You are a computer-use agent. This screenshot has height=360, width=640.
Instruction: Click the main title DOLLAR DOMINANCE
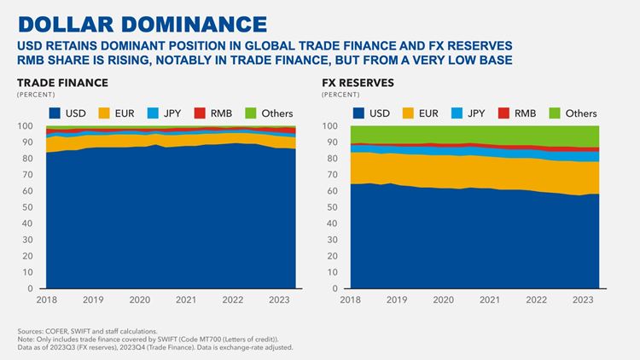[142, 22]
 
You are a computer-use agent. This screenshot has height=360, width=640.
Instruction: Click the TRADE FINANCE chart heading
[62, 83]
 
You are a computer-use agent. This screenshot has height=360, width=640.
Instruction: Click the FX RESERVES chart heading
[358, 83]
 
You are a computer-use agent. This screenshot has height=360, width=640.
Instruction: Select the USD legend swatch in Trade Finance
[54, 113]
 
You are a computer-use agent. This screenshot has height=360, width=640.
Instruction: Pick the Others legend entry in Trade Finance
[270, 113]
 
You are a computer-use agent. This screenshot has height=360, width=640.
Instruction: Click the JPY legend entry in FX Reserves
[468, 113]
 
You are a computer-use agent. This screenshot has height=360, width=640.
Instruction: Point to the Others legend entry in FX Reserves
[573, 113]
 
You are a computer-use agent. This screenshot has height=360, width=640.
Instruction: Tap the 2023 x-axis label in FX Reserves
[584, 300]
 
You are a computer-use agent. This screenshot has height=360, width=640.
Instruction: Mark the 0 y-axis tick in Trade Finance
[31, 289]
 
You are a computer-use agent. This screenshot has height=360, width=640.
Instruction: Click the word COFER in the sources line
[55, 331]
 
